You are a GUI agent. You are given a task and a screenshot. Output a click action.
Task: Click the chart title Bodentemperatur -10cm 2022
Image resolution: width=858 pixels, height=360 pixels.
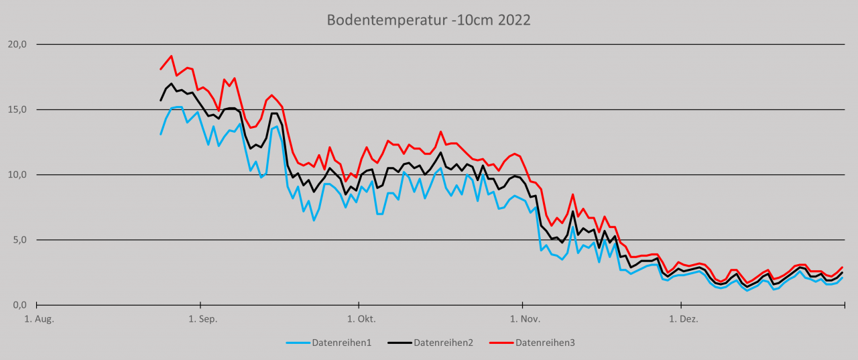pyautogui.click(x=428, y=20)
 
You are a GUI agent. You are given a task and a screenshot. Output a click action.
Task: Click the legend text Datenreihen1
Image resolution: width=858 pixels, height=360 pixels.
pyautogui.click(x=341, y=343)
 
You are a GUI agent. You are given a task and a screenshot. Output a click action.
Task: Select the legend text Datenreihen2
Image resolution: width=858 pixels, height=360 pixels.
pyautogui.click(x=443, y=343)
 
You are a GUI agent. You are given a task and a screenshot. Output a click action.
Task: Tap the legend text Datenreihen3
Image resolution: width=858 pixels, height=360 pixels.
pyautogui.click(x=545, y=343)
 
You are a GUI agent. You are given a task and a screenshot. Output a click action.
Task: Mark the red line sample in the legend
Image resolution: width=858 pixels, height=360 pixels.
pyautogui.click(x=501, y=343)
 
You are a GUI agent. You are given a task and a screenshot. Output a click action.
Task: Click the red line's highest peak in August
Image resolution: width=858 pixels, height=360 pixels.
pyautogui.click(x=171, y=56)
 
